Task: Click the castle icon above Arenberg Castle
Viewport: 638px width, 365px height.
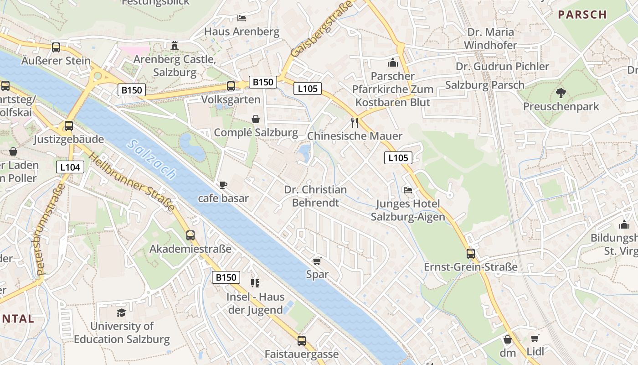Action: click(174, 46)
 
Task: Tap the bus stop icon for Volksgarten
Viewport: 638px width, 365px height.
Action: click(231, 86)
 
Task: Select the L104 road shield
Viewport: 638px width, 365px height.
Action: click(70, 167)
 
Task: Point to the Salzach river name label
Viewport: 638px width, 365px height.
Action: click(152, 159)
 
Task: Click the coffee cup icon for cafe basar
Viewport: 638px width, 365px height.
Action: click(223, 185)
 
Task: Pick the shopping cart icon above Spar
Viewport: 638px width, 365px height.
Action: click(317, 261)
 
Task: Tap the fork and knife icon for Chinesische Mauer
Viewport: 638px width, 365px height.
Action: click(355, 122)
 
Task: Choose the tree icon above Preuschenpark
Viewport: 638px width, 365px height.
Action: click(561, 93)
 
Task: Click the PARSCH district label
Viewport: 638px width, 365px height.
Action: click(582, 15)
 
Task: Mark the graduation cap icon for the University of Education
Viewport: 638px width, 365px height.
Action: click(121, 313)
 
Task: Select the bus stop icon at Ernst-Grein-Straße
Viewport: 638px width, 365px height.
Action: click(471, 254)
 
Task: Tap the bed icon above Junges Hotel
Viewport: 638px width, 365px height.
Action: click(408, 190)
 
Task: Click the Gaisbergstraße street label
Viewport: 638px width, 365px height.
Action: click(322, 28)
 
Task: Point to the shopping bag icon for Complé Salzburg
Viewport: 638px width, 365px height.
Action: click(256, 119)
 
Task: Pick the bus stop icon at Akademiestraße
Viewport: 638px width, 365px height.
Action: click(190, 235)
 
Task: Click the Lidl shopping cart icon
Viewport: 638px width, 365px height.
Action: click(535, 339)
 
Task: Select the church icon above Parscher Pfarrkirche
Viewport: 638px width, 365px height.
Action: click(393, 63)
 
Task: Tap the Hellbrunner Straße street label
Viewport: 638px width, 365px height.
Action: click(132, 182)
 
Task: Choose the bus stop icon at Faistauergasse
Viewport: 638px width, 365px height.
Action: click(302, 340)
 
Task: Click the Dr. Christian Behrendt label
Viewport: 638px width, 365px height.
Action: click(315, 196)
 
